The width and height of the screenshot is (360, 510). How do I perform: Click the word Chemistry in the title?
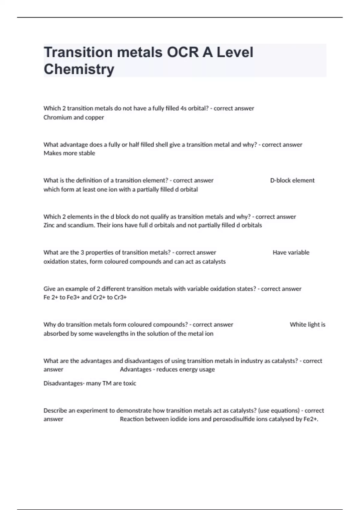pyautogui.click(x=79, y=69)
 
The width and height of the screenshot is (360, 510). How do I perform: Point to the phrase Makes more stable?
pyautogui.click(x=69, y=153)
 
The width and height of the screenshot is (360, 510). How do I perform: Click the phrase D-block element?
pyautogui.click(x=292, y=180)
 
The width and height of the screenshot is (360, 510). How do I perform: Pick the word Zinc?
pyautogui.click(x=49, y=225)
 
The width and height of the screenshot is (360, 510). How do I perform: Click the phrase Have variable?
pyautogui.click(x=291, y=252)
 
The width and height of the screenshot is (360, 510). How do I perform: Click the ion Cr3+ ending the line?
pyautogui.click(x=120, y=297)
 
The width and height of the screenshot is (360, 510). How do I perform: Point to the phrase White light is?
pyautogui.click(x=307, y=324)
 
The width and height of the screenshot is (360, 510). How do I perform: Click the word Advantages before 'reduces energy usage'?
pyautogui.click(x=136, y=369)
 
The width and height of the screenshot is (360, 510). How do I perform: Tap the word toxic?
pyautogui.click(x=130, y=383)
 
